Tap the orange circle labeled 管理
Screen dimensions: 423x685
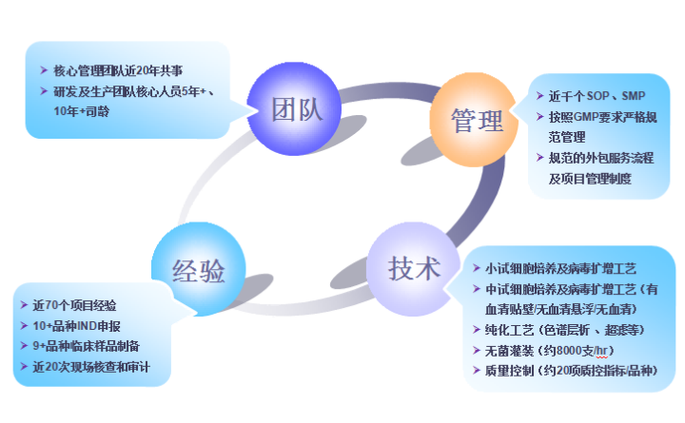click(x=477, y=120)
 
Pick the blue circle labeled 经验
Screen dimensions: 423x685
click(x=198, y=270)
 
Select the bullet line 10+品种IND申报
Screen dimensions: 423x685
click(x=77, y=325)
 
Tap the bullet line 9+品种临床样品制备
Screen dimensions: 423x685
click(x=87, y=346)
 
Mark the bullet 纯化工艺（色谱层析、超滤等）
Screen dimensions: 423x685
click(x=561, y=329)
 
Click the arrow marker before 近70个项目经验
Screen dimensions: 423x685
click(x=23, y=305)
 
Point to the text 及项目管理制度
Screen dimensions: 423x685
click(x=590, y=178)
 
